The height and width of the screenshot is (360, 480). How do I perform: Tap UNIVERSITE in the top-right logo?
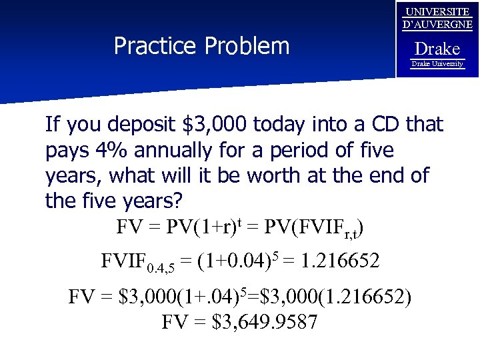pyautogui.click(x=437, y=12)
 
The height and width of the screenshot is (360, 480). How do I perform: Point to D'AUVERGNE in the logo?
pyautogui.click(x=437, y=25)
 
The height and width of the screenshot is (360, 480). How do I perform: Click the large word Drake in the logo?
pyautogui.click(x=437, y=49)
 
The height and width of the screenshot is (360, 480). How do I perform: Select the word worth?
pyautogui.click(x=275, y=175)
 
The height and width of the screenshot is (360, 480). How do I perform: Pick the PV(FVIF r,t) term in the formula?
pyautogui.click(x=313, y=227)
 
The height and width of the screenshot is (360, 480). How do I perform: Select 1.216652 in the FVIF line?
pyautogui.click(x=341, y=261)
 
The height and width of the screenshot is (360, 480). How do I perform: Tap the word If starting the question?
pyautogui.click(x=52, y=125)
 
